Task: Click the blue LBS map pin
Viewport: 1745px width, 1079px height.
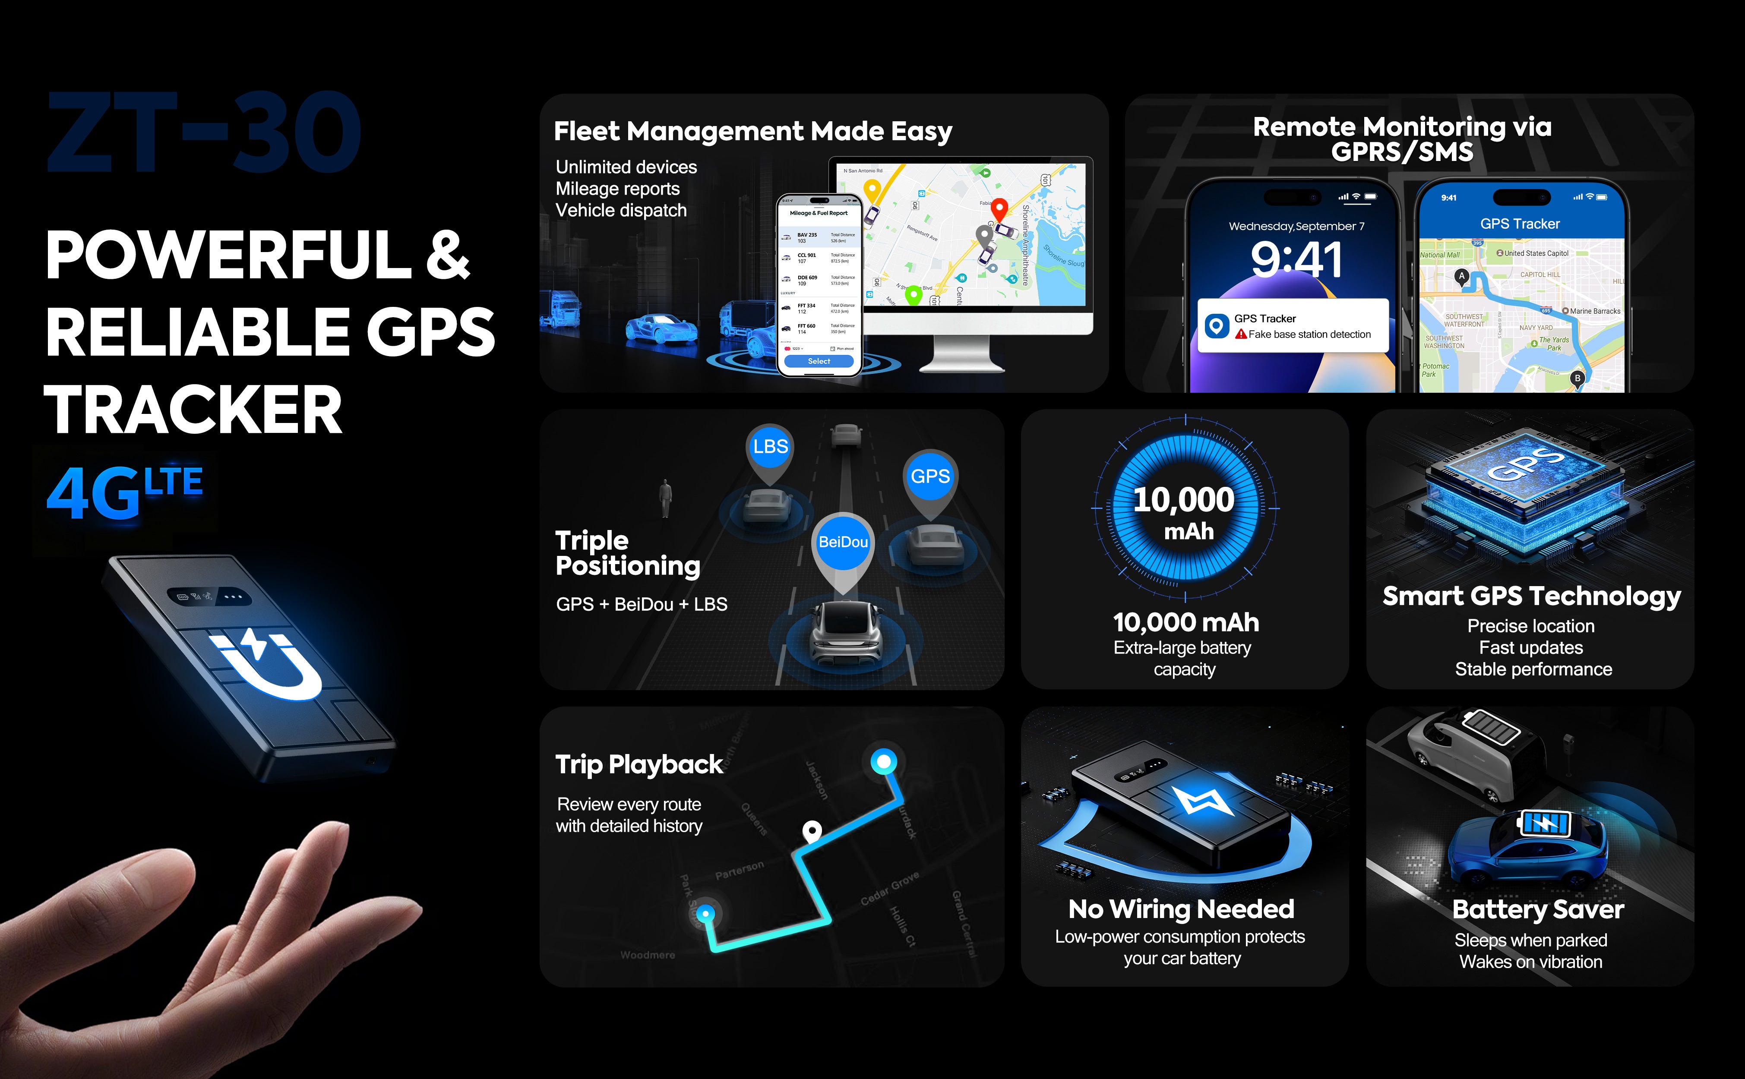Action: point(770,448)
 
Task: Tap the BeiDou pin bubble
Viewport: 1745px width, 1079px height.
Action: point(843,543)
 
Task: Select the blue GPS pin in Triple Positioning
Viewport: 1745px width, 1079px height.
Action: point(930,476)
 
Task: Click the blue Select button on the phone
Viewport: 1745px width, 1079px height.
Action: point(819,361)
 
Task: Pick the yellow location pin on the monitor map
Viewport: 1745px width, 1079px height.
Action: point(872,190)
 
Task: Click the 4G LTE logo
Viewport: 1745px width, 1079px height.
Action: point(125,492)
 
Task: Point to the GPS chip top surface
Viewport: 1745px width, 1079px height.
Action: point(1527,464)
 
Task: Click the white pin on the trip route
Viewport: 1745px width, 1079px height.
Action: point(812,831)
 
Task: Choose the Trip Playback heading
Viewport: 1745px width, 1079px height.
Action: point(639,765)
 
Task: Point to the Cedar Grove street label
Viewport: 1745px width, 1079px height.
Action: point(889,889)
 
